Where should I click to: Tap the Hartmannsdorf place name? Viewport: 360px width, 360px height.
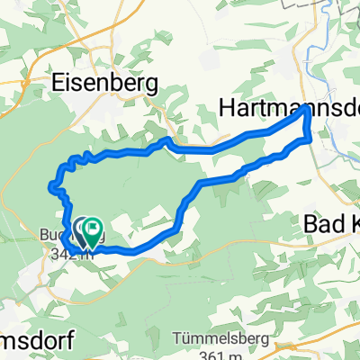click(x=288, y=108)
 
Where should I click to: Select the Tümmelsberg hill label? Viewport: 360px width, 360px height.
click(x=215, y=338)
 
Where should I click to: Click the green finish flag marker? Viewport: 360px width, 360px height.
click(x=92, y=232)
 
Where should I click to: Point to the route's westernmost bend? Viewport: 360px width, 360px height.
click(x=49, y=187)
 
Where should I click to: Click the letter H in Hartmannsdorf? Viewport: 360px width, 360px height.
click(x=228, y=108)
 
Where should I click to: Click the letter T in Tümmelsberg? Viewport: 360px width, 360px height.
click(x=175, y=338)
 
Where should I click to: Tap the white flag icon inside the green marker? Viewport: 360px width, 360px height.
click(x=93, y=229)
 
